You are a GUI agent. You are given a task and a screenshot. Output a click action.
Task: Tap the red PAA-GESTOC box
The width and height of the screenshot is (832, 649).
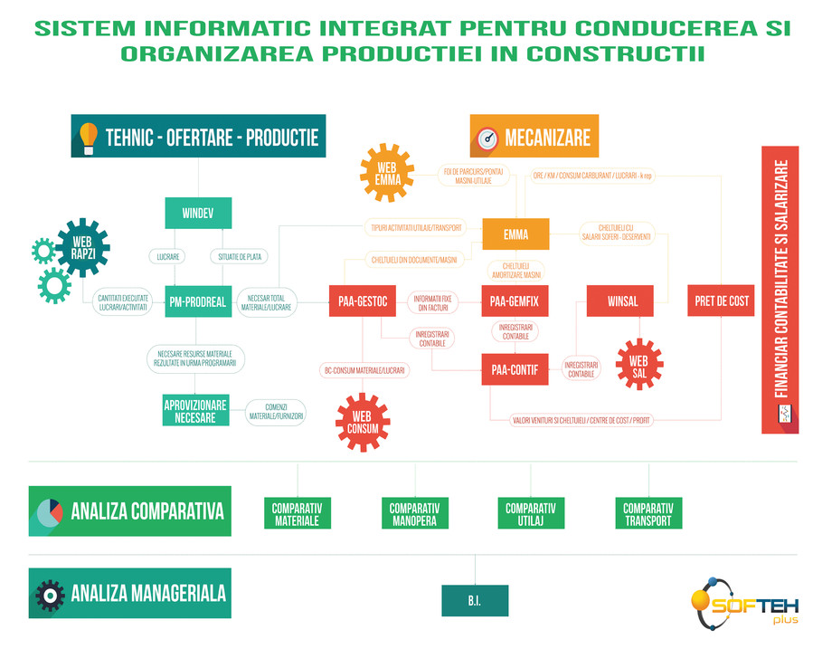(363, 301)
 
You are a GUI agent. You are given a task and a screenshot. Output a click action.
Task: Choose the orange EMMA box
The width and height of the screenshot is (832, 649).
(515, 234)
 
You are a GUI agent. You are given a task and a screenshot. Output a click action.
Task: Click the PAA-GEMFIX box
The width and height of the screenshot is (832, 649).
(515, 301)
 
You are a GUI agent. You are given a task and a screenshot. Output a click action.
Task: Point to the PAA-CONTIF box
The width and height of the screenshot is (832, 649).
(515, 369)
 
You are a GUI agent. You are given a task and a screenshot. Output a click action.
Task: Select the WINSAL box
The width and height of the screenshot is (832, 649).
(623, 301)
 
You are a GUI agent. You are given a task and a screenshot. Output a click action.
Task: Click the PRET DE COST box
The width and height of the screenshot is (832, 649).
(722, 301)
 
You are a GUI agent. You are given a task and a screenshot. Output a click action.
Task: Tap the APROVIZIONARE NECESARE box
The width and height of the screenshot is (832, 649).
(196, 411)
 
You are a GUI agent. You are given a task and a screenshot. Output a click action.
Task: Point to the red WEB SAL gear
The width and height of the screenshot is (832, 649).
(638, 364)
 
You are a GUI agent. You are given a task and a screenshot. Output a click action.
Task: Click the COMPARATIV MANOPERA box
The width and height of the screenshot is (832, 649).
(414, 513)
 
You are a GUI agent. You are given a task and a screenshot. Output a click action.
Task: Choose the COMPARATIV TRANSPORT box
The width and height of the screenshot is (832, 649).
(648, 513)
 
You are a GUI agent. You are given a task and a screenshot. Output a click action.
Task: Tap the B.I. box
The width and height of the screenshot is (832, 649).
(475, 600)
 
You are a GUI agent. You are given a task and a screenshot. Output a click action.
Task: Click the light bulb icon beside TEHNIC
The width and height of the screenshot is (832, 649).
(89, 137)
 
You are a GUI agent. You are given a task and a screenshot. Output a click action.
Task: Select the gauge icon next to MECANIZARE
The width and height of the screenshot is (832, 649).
(487, 138)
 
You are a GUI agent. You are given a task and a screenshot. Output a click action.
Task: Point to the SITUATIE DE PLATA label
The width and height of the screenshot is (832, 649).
(240, 257)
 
